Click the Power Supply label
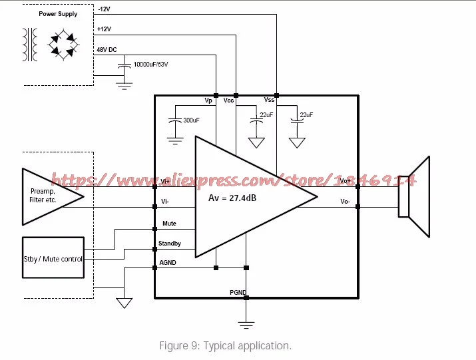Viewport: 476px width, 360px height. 58,14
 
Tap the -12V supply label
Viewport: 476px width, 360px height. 104,9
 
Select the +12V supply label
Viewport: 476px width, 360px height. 104,29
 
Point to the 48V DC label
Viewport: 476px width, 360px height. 107,49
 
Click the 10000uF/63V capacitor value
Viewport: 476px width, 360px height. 150,65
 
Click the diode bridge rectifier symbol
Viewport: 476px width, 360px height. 63,45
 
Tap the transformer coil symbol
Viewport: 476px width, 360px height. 30,45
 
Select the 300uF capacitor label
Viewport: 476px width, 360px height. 191,120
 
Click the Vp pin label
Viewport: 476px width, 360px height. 208,100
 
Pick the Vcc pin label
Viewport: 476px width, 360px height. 228,100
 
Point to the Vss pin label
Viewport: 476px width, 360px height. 269,100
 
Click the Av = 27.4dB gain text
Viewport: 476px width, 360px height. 232,198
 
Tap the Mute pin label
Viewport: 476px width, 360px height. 169,224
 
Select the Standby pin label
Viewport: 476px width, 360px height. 169,244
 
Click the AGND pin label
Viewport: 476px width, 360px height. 168,263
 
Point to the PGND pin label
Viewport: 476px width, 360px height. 238,292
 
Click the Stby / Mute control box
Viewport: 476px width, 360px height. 53,258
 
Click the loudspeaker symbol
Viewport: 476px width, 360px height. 414,197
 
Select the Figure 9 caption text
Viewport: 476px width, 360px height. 225,346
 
